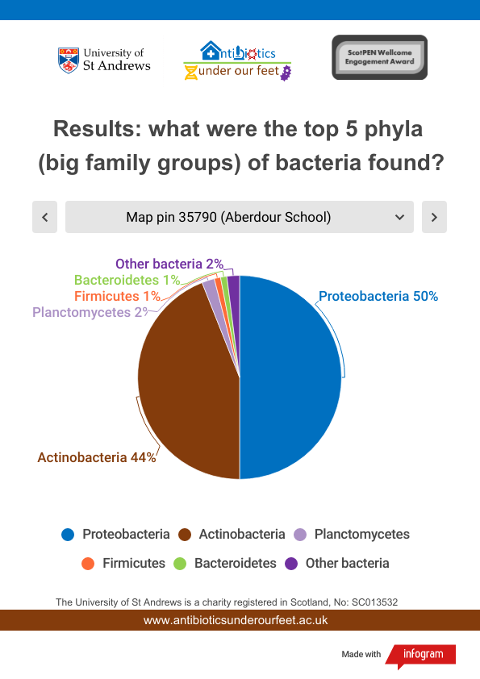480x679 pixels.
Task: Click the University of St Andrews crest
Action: click(x=69, y=60)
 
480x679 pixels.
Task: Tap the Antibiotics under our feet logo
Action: click(x=237, y=60)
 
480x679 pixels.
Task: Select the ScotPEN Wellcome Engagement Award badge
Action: click(x=379, y=57)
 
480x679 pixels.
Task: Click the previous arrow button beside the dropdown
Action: click(x=44, y=217)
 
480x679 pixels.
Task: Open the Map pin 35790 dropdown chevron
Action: click(x=399, y=217)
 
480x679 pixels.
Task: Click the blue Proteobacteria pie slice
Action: click(x=290, y=377)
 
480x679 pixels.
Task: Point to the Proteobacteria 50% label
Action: click(x=378, y=296)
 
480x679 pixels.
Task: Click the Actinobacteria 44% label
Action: click(x=97, y=457)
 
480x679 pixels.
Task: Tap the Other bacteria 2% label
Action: click(x=169, y=264)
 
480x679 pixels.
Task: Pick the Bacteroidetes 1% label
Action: click(x=127, y=280)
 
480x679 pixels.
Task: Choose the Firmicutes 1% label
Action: click(x=118, y=296)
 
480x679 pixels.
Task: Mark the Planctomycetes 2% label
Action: click(x=90, y=312)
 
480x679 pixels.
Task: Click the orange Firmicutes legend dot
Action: click(x=88, y=564)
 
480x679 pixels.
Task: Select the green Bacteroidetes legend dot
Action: click(x=180, y=564)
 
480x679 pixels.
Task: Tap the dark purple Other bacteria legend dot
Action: click(x=291, y=564)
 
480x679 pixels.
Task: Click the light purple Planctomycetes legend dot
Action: click(x=300, y=535)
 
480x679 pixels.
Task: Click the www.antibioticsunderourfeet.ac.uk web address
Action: click(x=236, y=620)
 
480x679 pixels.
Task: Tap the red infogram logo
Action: click(x=420, y=656)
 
